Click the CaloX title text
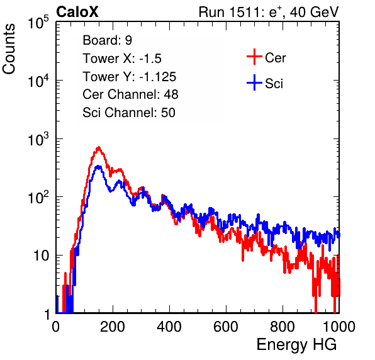tap(77, 12)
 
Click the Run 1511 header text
tap(269, 12)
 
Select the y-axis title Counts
tap(9, 49)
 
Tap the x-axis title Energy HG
tap(296, 345)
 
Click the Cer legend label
tap(275, 58)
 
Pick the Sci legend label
tap(274, 84)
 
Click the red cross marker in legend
tap(254, 57)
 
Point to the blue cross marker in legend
tap(254, 82)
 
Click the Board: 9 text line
tap(107, 40)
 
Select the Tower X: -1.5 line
tap(122, 59)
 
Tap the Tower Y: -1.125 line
tap(130, 77)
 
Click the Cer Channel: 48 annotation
tap(130, 94)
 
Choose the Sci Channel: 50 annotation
tap(129, 113)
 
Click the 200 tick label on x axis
tap(113, 327)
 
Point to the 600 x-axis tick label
tap(226, 327)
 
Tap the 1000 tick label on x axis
tap(339, 327)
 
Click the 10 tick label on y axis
tap(42, 256)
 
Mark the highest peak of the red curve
tap(99, 148)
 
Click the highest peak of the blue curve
tap(99, 167)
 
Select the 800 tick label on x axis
tap(283, 327)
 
